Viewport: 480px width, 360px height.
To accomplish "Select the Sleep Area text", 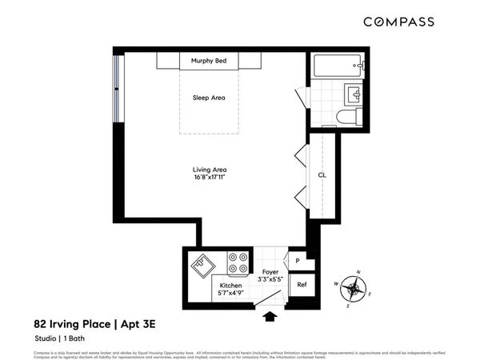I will [209, 98].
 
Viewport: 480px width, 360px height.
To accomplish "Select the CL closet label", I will [322, 174].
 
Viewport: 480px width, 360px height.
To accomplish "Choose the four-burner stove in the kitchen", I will [238, 262].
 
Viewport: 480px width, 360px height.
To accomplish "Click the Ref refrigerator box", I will [302, 284].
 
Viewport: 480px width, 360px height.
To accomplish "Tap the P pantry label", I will [297, 260].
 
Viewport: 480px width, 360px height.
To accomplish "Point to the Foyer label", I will [270, 271].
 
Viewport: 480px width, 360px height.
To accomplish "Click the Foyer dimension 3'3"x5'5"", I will [270, 279].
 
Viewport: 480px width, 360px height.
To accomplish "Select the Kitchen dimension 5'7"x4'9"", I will [231, 294].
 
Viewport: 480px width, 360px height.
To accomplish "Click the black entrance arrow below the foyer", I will [270, 317].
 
